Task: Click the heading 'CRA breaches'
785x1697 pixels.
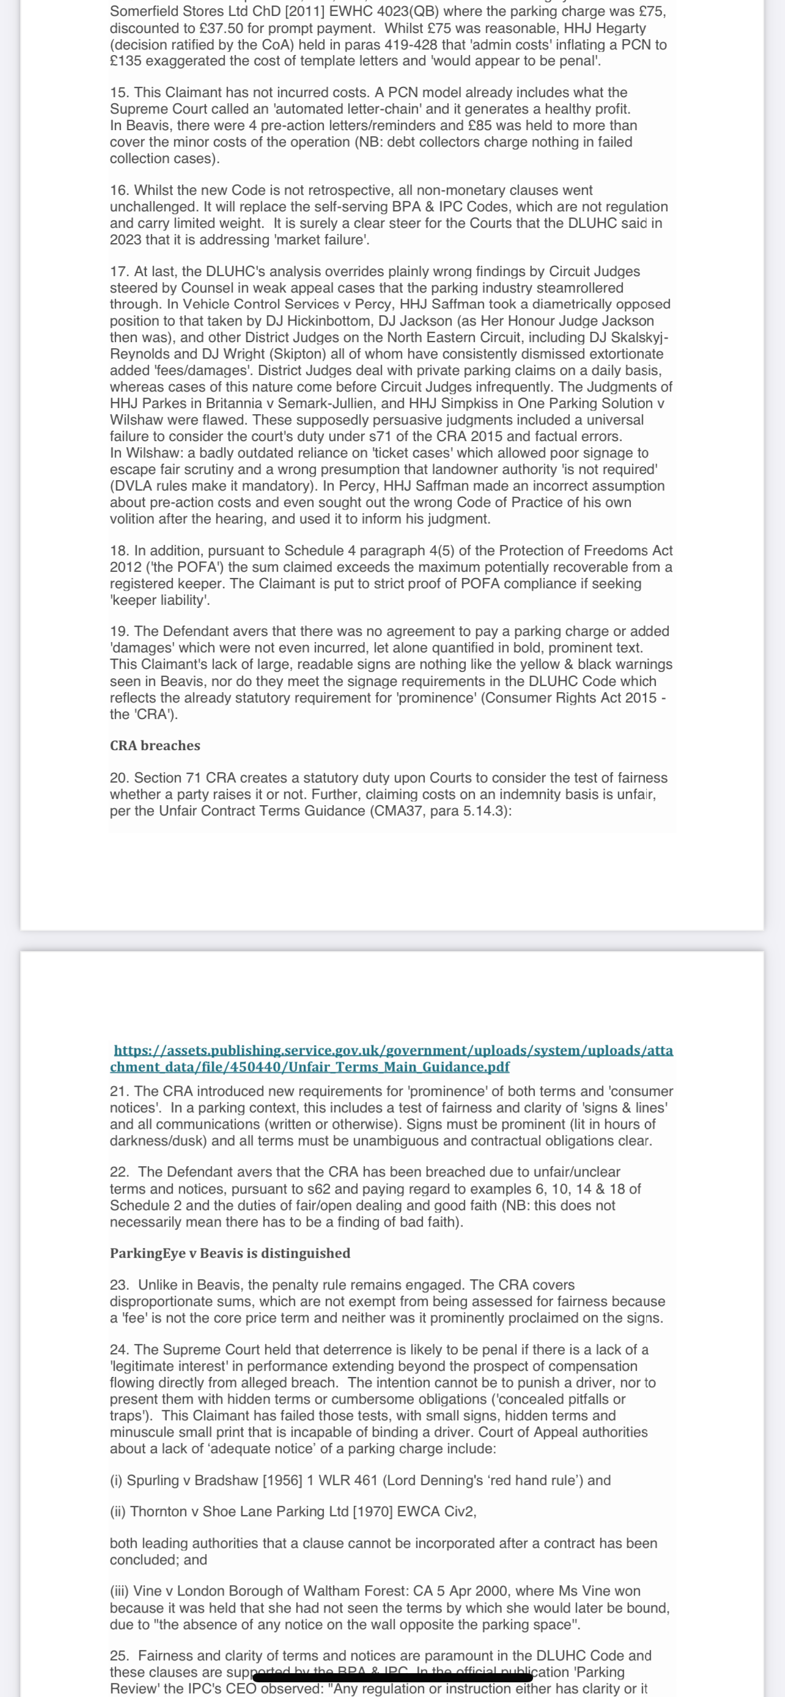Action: tap(155, 746)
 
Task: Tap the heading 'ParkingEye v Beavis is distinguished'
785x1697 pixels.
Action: tap(230, 1253)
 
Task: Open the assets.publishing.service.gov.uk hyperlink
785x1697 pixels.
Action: tap(393, 1058)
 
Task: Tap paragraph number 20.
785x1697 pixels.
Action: tap(119, 778)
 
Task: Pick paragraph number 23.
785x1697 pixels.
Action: tap(119, 1285)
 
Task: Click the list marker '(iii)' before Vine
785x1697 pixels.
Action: tap(119, 1591)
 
